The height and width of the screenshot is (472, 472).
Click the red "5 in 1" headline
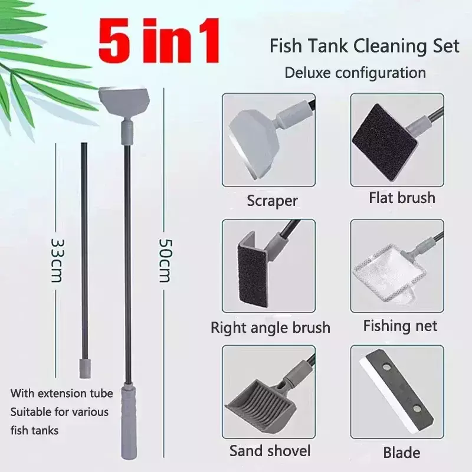[x=159, y=41]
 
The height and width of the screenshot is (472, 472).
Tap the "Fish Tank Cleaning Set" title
[x=365, y=46]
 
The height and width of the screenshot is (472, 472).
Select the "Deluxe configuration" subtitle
[x=355, y=73]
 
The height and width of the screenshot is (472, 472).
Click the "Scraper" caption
[x=272, y=201]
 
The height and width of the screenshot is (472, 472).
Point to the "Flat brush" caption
[x=402, y=198]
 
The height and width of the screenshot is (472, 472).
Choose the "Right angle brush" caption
[x=270, y=327]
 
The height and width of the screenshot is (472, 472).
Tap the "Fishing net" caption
[x=400, y=326]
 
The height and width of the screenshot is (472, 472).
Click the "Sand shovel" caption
[x=270, y=451]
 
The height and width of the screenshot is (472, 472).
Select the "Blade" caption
[x=402, y=453]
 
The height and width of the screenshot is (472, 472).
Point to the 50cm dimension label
[x=165, y=260]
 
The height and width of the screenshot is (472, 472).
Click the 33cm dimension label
[x=57, y=260]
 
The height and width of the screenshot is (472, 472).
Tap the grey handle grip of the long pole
[x=129, y=422]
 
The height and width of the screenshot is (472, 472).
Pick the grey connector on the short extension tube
[x=84, y=368]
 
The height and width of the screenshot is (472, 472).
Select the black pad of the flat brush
[x=385, y=142]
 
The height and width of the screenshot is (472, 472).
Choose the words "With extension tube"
[x=62, y=393]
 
